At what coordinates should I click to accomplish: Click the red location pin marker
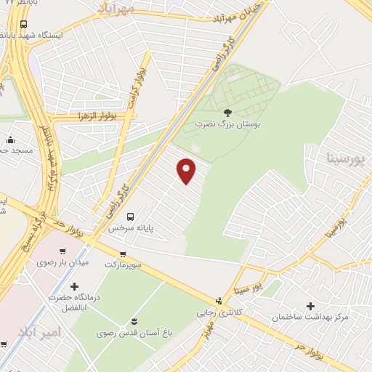tap(187, 171)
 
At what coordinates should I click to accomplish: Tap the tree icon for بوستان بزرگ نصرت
tap(227, 113)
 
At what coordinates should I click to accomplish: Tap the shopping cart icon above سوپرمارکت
tap(122, 254)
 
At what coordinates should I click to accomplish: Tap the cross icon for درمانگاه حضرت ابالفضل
tap(74, 286)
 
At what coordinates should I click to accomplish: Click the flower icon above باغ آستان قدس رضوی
tap(132, 321)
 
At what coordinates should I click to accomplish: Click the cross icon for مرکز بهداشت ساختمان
tap(312, 306)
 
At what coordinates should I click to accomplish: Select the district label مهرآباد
tap(116, 7)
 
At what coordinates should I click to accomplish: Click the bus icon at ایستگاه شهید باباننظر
tap(24, 24)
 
